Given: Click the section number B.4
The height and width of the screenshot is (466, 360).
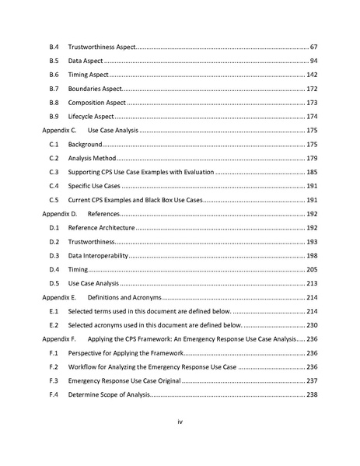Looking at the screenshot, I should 54,48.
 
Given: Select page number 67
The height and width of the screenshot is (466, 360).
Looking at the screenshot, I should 313,48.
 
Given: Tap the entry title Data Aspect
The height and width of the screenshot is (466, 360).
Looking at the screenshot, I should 86,61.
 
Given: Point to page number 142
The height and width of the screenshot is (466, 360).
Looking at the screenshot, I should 311,75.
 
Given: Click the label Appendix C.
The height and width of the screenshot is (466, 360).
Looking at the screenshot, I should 59,131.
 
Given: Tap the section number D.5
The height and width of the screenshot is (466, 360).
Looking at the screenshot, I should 54,283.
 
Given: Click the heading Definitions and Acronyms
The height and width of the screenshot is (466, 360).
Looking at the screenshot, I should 124,297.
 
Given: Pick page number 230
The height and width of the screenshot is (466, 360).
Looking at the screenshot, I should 311,325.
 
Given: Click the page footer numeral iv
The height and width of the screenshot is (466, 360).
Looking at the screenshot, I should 180,422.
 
